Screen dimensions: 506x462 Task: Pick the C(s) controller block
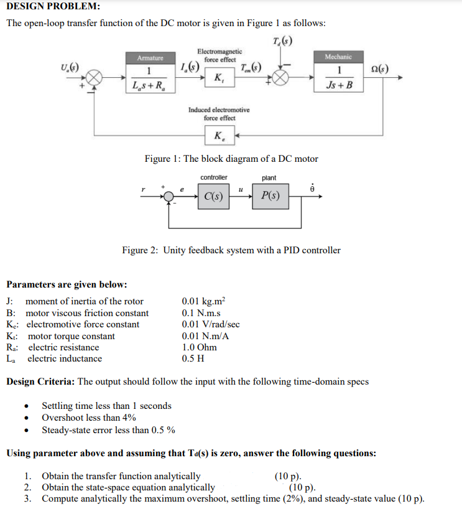tap(215, 197)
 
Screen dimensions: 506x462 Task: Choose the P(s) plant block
tap(270, 197)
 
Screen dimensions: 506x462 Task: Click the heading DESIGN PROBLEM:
tap(53, 7)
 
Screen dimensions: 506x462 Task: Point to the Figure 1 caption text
tap(231, 159)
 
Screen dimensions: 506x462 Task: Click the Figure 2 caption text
tap(231, 250)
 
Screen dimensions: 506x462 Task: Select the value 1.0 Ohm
tap(199, 347)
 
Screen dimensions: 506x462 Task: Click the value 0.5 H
tap(193, 358)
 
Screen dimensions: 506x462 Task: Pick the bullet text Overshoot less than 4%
tap(89, 418)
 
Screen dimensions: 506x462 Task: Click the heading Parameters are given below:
tap(67, 284)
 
